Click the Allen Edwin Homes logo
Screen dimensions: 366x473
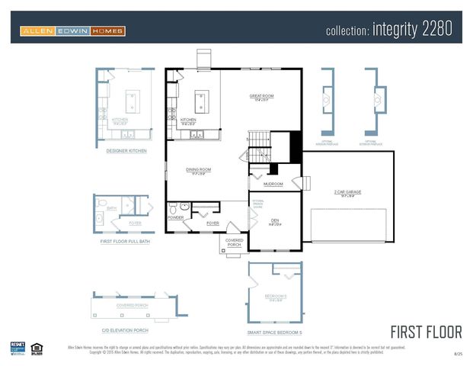tap(73, 31)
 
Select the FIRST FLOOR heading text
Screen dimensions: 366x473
tap(426, 332)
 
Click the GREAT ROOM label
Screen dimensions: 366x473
tap(261, 96)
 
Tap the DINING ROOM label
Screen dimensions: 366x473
tap(199, 169)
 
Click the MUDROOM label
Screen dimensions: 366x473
tap(273, 184)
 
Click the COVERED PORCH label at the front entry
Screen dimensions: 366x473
tap(234, 242)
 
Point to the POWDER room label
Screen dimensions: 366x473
tap(175, 217)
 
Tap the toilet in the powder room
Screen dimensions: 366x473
tap(174, 207)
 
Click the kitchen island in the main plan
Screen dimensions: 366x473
tap(202, 98)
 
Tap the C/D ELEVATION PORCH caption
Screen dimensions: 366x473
tap(124, 330)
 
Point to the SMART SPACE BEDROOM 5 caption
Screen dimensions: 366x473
tap(275, 332)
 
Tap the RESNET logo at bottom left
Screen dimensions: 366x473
tap(18, 348)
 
